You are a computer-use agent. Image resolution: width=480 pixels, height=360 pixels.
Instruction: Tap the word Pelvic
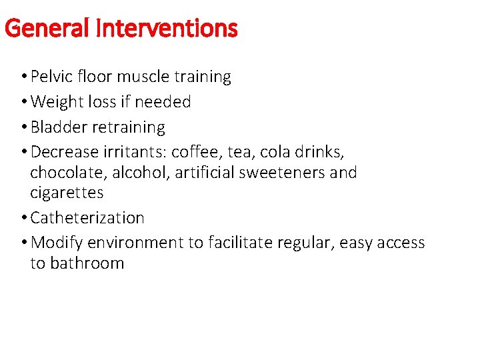click(53, 77)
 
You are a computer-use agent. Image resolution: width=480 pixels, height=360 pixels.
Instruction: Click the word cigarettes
click(67, 193)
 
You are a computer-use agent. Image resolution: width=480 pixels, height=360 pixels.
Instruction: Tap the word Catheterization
click(87, 218)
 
